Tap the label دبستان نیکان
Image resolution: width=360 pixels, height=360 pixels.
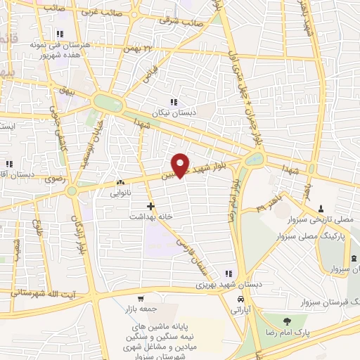pyautogui.click(x=174, y=112)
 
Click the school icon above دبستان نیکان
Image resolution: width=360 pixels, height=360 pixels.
pyautogui.click(x=174, y=102)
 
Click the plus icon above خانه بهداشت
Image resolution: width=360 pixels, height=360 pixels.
pyautogui.click(x=150, y=206)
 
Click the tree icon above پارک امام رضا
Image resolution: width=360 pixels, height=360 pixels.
pyautogui.click(x=285, y=320)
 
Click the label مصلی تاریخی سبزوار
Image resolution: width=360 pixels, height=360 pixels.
pyautogui.click(x=320, y=219)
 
